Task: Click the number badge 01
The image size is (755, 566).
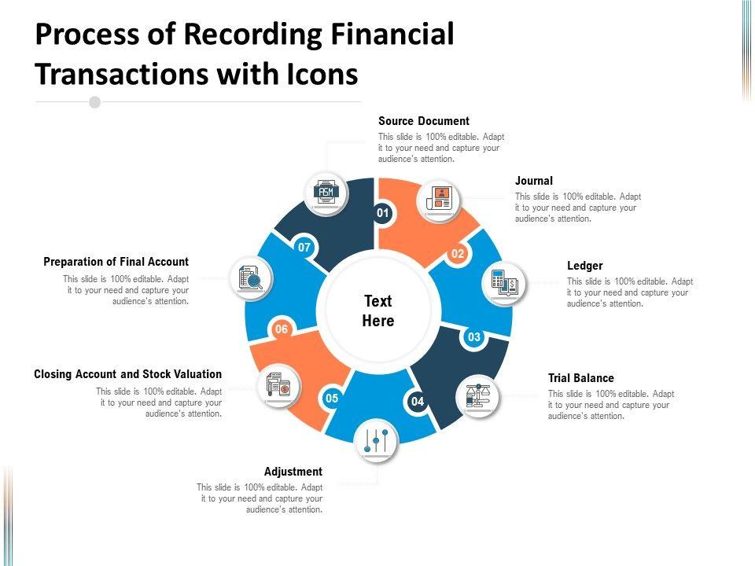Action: click(383, 213)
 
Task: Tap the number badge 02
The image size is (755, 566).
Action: click(458, 254)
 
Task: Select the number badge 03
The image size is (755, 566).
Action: click(474, 337)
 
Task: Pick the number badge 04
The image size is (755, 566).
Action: click(418, 402)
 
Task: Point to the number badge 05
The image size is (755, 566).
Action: click(332, 399)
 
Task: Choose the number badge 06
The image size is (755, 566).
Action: click(281, 329)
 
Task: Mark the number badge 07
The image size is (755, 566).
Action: click(304, 248)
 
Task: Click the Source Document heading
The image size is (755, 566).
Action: click(423, 121)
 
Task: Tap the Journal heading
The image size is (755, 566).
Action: click(534, 181)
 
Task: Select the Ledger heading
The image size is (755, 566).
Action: click(584, 266)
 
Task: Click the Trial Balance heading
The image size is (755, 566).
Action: click(580, 378)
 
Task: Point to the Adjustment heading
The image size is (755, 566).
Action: click(293, 472)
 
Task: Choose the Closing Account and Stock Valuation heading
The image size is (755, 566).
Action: click(128, 374)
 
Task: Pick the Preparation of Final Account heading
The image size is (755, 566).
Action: click(116, 262)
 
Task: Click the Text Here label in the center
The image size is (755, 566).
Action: click(378, 311)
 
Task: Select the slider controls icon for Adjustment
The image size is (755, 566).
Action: click(375, 441)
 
